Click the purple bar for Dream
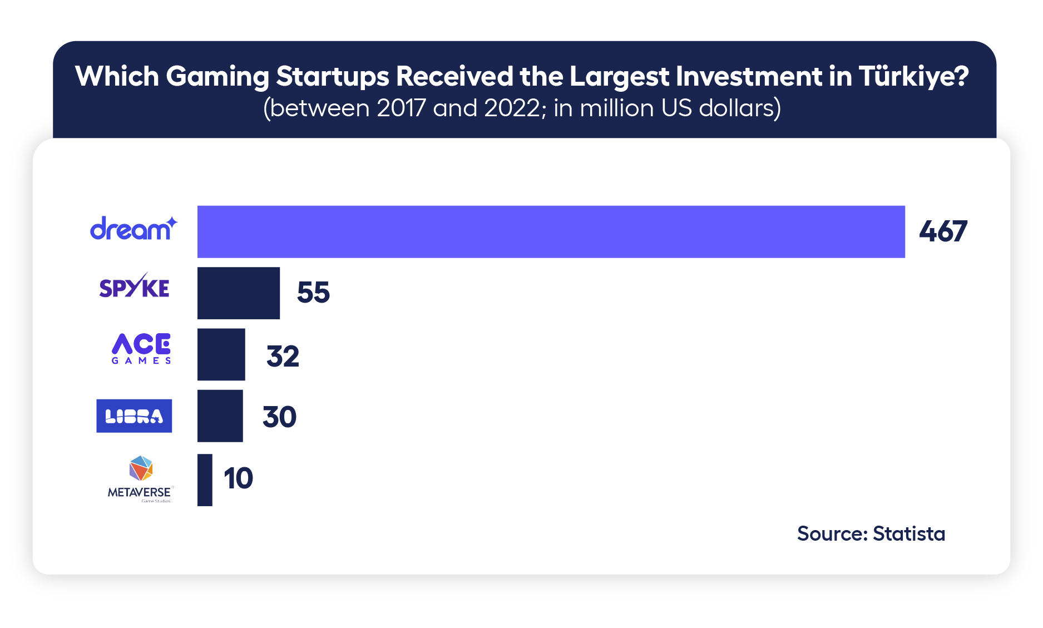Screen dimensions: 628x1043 click(x=551, y=231)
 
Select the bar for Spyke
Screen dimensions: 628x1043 click(x=238, y=293)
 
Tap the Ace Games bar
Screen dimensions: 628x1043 click(x=221, y=354)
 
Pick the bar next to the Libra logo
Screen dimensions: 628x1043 click(x=220, y=416)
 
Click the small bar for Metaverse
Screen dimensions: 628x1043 click(x=205, y=479)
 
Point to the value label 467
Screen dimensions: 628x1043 click(x=943, y=231)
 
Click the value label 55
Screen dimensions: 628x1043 click(x=313, y=293)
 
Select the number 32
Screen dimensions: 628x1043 click(x=283, y=356)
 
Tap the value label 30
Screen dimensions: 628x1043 click(x=279, y=417)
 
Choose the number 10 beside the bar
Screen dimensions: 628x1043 click(x=238, y=478)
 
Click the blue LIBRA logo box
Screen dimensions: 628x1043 click(x=134, y=416)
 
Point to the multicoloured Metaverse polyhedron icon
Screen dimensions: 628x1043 click(x=141, y=468)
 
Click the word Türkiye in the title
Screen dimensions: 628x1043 click(x=913, y=76)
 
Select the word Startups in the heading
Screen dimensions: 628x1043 click(x=332, y=76)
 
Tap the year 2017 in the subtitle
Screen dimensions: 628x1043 click(x=402, y=108)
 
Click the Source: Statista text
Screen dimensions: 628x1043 click(x=871, y=533)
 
